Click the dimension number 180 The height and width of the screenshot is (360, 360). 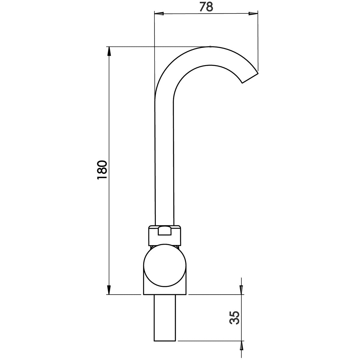[102, 170]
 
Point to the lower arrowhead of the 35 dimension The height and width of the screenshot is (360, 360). [241, 345]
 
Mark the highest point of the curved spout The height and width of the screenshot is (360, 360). [210, 47]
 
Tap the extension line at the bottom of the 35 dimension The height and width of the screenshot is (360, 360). [210, 340]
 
